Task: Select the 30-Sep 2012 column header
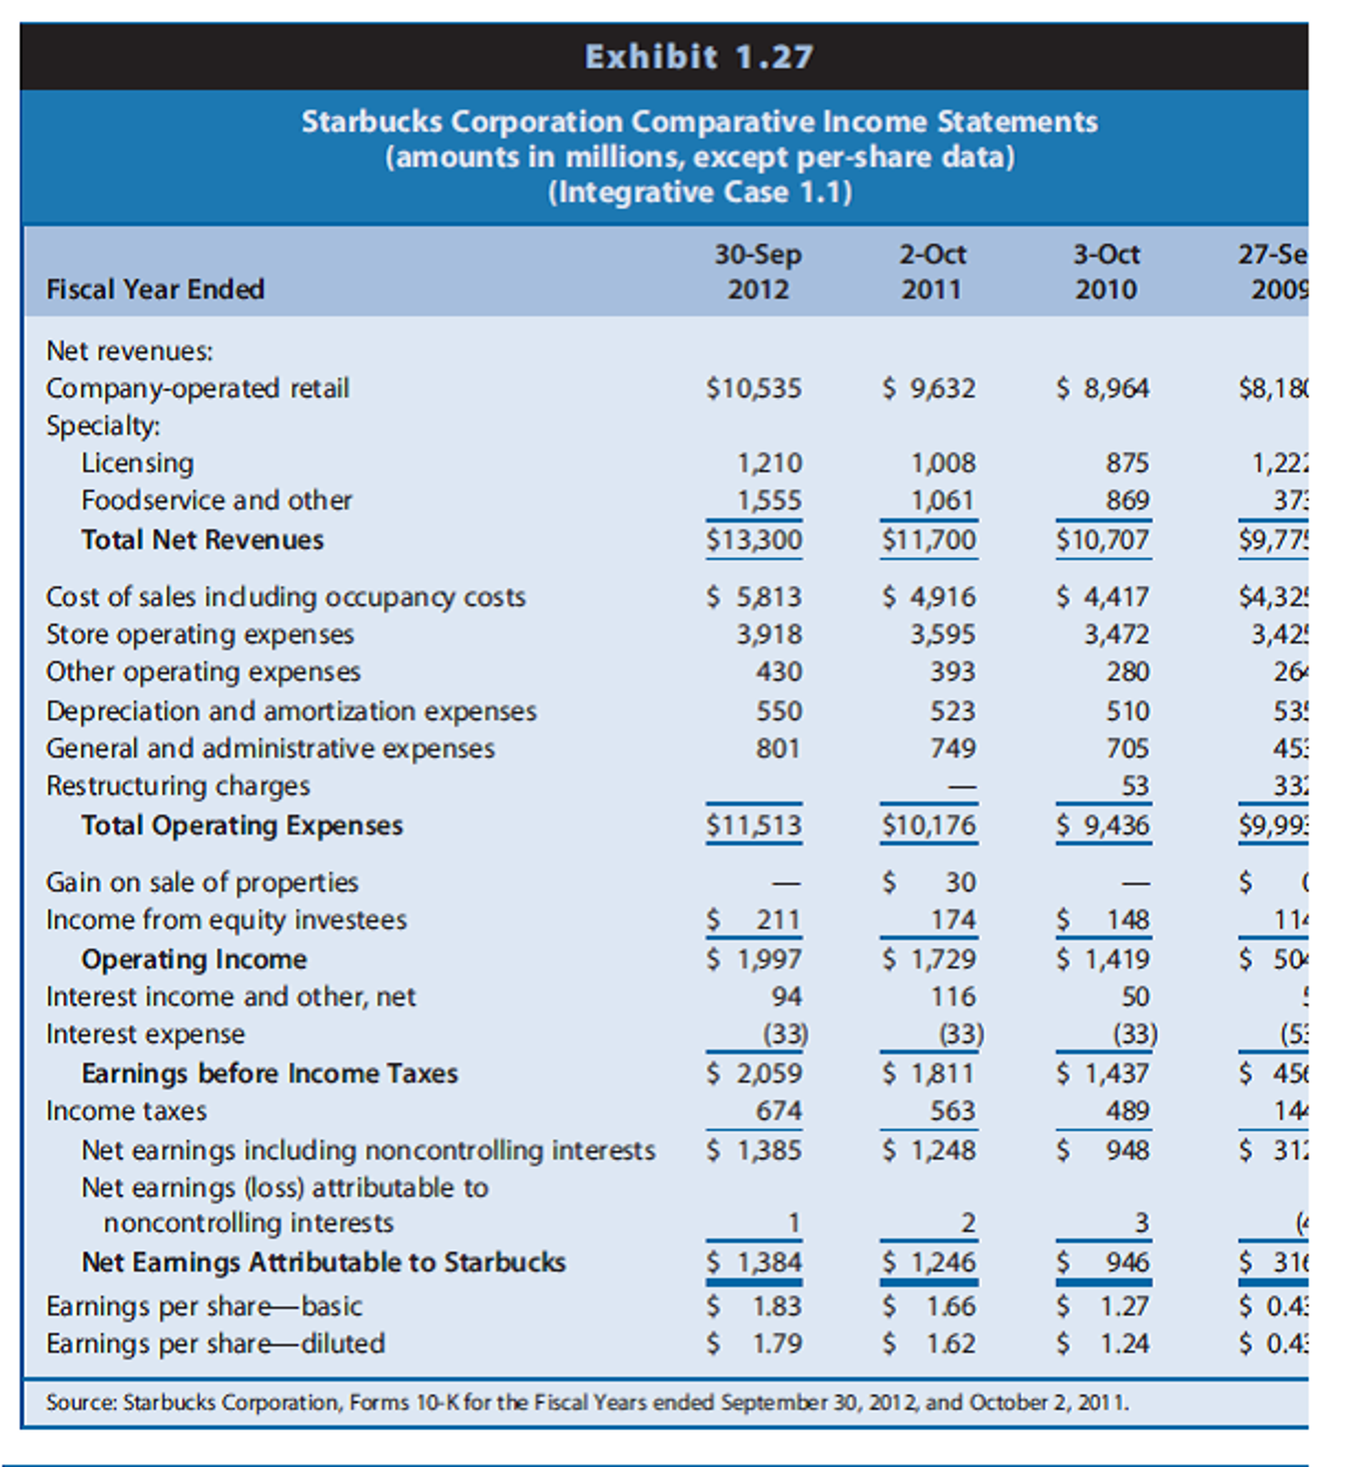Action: (758, 271)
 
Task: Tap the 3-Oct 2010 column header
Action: (1106, 271)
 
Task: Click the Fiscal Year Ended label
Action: (155, 289)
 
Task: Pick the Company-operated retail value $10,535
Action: (754, 388)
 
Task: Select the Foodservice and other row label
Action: (216, 500)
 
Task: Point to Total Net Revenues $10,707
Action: (1103, 540)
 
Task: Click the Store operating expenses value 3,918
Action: (770, 634)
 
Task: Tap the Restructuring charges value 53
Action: (1135, 786)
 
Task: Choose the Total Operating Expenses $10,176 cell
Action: (929, 825)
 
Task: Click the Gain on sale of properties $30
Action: (930, 881)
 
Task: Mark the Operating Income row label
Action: (194, 959)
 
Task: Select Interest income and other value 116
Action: (953, 996)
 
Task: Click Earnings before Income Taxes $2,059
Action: (755, 1073)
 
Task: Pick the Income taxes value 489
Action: (1127, 1111)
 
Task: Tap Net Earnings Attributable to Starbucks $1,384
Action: (755, 1262)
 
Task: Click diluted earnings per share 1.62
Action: (930, 1343)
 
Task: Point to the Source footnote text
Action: (587, 1402)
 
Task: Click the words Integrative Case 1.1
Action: (700, 191)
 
